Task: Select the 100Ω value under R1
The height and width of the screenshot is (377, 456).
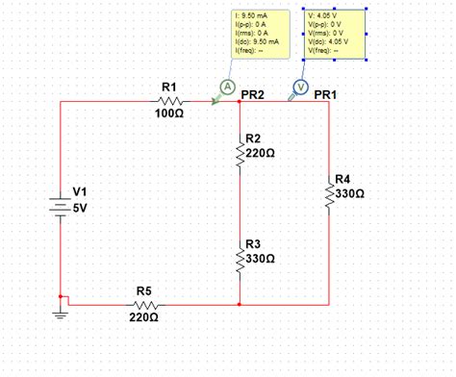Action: tap(169, 113)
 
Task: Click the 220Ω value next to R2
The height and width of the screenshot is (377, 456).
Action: tap(262, 153)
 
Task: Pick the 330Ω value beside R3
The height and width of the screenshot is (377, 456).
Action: tap(262, 260)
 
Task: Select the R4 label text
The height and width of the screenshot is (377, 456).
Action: tap(343, 180)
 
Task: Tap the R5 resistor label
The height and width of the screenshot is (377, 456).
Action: tap(143, 289)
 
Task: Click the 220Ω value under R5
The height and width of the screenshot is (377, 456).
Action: tap(143, 316)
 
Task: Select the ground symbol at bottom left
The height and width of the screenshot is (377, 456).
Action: tap(60, 313)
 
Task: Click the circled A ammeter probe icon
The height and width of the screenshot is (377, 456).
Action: tap(228, 87)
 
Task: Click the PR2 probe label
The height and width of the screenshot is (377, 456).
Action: tap(252, 95)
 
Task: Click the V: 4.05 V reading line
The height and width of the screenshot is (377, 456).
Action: tap(322, 16)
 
